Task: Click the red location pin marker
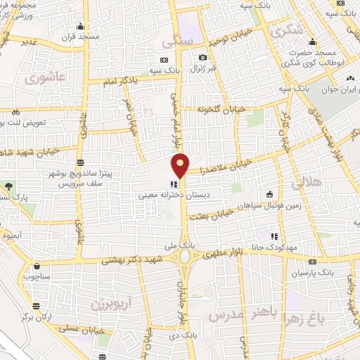pyautogui.click(x=181, y=165)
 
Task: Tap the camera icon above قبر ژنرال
pyautogui.click(x=202, y=58)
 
